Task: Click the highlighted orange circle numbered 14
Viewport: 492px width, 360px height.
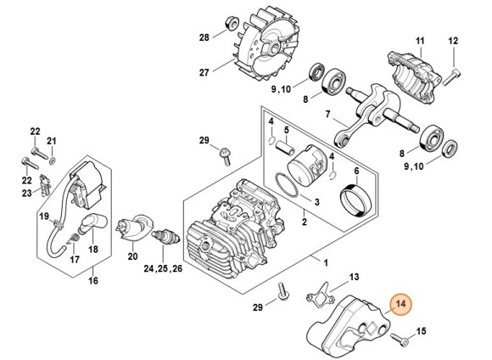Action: tap(400, 304)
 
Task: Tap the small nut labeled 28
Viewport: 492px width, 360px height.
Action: tap(232, 24)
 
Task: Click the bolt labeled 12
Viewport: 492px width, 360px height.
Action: tap(452, 77)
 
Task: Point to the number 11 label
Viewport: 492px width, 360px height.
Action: tap(420, 41)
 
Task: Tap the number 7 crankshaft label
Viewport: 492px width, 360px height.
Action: tap(328, 114)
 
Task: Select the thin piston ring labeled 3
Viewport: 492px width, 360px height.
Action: tap(287, 185)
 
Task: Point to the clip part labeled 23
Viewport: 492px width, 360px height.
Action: tap(45, 185)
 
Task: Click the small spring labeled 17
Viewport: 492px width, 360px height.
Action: tap(74, 239)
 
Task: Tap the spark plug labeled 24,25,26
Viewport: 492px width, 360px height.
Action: tap(165, 239)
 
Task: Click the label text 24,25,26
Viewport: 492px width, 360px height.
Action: tap(163, 268)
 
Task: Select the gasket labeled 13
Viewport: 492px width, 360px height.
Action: tap(321, 294)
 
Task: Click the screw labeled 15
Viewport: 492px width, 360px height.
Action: tap(400, 340)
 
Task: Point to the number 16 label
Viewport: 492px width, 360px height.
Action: tap(93, 280)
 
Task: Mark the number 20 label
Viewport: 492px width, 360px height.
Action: tap(132, 256)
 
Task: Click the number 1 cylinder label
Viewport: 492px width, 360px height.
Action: tap(326, 262)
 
